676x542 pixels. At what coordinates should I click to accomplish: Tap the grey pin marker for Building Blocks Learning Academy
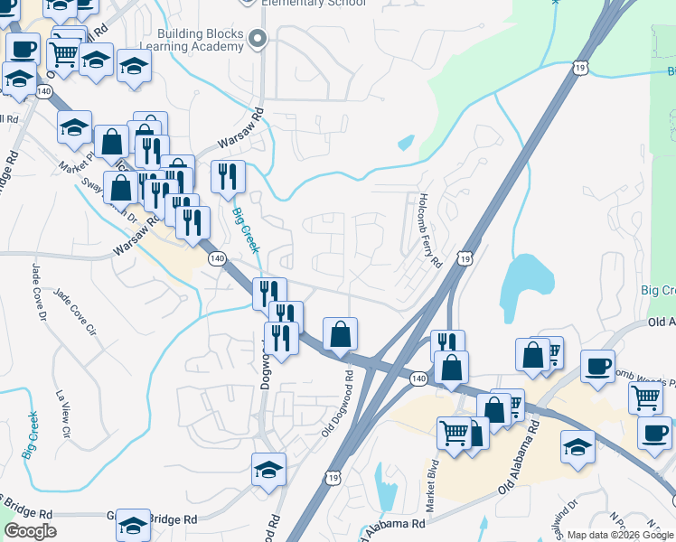click(x=258, y=38)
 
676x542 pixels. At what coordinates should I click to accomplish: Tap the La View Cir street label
click(x=62, y=412)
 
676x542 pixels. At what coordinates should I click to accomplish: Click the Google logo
click(x=30, y=531)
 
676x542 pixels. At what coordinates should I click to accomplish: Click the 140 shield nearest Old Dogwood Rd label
click(x=418, y=377)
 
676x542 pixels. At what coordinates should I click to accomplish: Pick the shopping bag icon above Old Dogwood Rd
click(x=340, y=335)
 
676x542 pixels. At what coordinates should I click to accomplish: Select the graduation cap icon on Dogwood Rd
click(x=268, y=470)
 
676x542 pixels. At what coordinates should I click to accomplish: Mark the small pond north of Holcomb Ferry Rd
click(x=406, y=142)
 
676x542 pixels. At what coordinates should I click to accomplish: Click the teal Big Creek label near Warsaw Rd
click(x=246, y=231)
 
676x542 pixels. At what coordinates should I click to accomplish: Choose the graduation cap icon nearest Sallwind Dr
click(x=578, y=447)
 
